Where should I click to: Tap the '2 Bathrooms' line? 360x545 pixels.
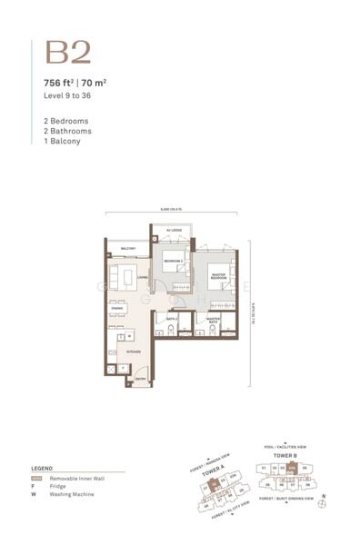[x=68, y=131]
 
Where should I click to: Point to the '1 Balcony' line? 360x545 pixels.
[x=63, y=142]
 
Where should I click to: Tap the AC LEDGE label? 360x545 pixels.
[x=175, y=231]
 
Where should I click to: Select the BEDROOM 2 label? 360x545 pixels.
[x=174, y=263]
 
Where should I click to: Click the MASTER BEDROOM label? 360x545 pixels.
[x=218, y=276]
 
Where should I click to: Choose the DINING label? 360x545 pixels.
[x=117, y=309]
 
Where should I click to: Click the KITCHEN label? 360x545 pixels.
[x=133, y=351]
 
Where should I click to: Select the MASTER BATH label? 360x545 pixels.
[x=215, y=321]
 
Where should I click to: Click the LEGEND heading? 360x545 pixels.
[x=42, y=469]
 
